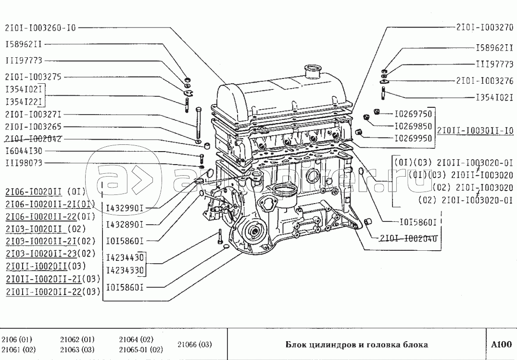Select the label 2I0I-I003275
tap(33, 77)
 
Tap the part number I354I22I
tap(25, 102)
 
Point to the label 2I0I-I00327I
tap(33, 115)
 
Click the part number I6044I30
tap(24, 151)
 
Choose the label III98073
tap(24, 164)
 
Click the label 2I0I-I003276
tap(485, 81)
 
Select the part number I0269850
tap(413, 126)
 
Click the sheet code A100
tap(502, 344)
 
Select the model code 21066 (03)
tap(194, 344)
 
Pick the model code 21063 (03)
tap(77, 350)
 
